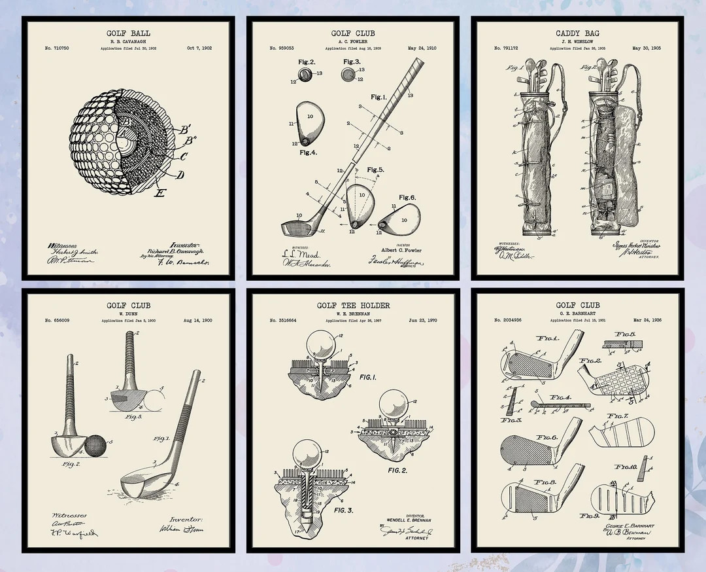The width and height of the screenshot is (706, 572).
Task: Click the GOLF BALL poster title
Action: click(x=127, y=33)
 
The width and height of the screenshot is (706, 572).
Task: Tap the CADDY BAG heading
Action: click(x=577, y=33)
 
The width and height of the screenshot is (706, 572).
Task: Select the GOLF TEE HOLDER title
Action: click(x=353, y=305)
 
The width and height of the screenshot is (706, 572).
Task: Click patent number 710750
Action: click(x=57, y=48)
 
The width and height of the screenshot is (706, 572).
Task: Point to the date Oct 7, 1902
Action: click(x=199, y=48)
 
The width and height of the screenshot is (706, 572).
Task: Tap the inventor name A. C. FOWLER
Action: click(x=352, y=41)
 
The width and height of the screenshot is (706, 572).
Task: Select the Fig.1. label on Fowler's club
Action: click(x=378, y=97)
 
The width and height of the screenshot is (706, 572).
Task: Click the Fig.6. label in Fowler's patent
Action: click(x=407, y=198)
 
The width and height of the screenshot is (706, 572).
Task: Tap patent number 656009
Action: click(x=57, y=321)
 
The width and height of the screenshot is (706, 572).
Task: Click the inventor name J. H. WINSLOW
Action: click(x=577, y=41)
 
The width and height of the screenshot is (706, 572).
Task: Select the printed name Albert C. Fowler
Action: click(x=401, y=250)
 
